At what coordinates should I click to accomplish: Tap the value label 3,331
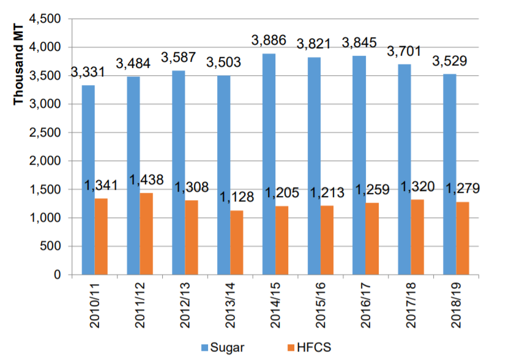click(89, 72)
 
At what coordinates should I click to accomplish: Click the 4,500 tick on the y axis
click(48, 19)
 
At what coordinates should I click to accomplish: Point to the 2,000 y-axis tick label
click(48, 161)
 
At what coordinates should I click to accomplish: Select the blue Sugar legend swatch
click(204, 348)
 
